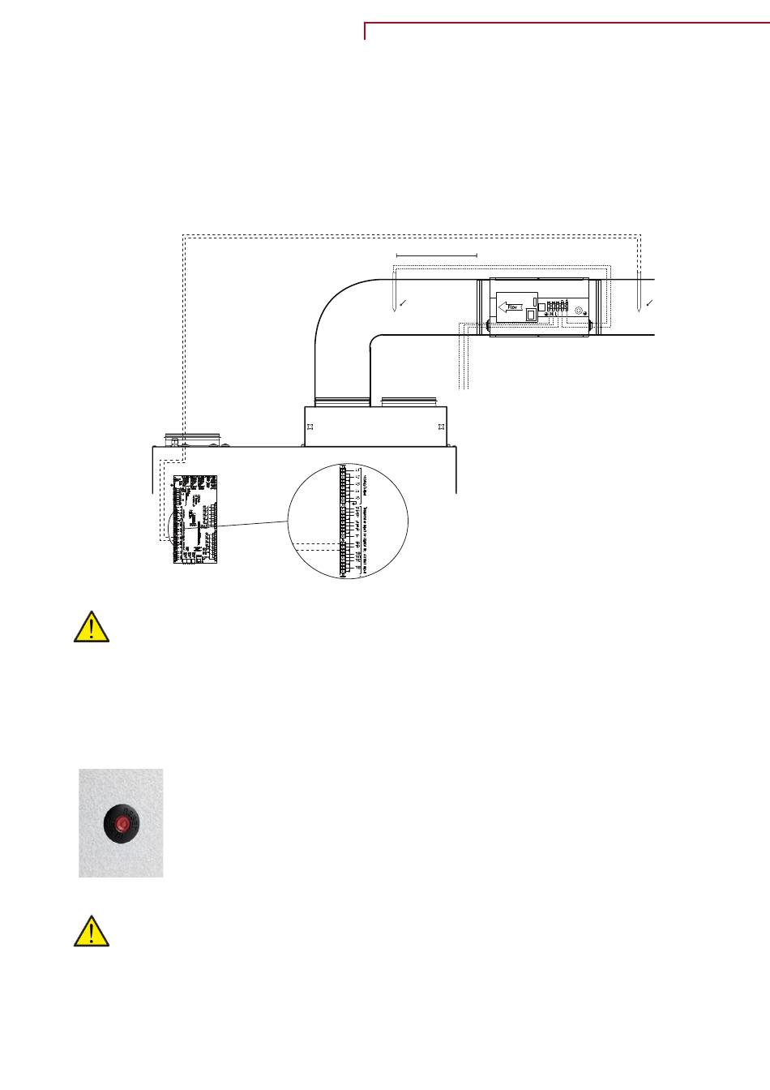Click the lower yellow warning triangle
(92, 932)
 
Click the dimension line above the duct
(437, 255)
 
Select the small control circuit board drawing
(194, 519)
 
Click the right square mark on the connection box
(440, 426)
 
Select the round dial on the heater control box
(578, 311)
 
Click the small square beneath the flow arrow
(531, 316)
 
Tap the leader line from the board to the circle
(251, 525)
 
